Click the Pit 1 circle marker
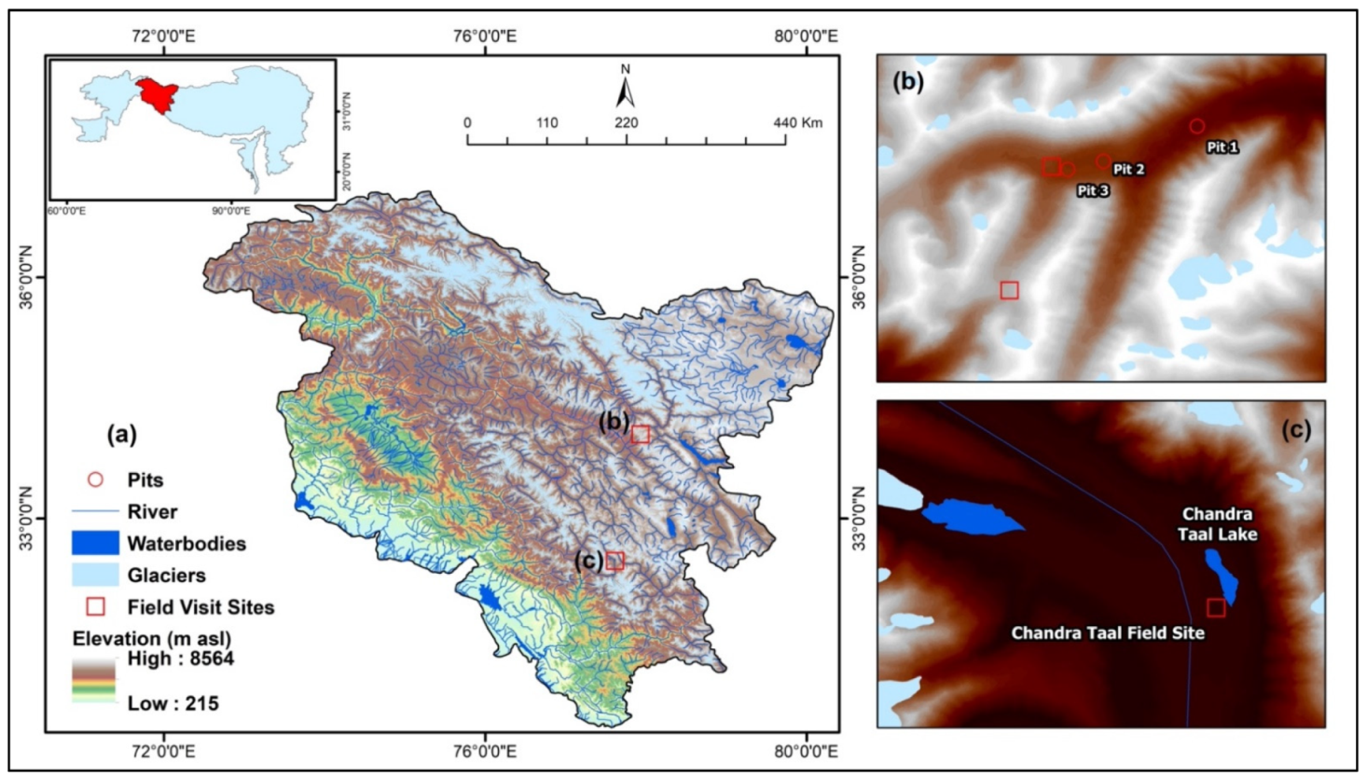tap(1196, 126)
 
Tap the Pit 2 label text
tap(1128, 169)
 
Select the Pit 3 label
tap(1093, 190)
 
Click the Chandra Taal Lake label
tap(1218, 524)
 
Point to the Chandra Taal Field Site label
tap(1108, 633)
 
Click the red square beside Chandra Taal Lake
tap(1216, 608)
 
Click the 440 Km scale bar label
tap(798, 122)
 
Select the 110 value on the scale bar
tap(546, 122)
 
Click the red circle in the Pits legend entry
tap(95, 480)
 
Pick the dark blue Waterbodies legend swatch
tap(95, 543)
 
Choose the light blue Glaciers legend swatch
tap(95, 575)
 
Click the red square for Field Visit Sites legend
tap(95, 606)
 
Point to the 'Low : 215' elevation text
tap(173, 703)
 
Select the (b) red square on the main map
tap(640, 434)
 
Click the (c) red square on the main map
tap(614, 561)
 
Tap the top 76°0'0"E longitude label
tap(485, 36)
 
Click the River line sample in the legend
tap(95, 511)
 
